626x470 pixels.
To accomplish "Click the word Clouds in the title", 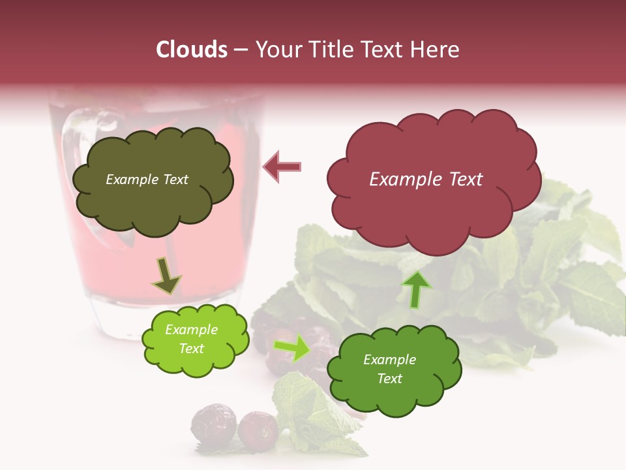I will tap(192, 50).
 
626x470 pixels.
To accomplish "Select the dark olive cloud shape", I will tap(153, 196).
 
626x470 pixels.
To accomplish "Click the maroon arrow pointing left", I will tap(282, 167).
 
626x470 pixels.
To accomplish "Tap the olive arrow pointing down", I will tap(166, 276).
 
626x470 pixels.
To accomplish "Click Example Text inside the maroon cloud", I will tap(426, 180).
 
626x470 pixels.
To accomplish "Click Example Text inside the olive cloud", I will tap(147, 180).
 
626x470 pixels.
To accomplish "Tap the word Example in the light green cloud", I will tap(192, 330).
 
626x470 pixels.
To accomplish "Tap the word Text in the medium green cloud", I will tap(389, 379).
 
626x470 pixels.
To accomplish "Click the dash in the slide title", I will tap(240, 50).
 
